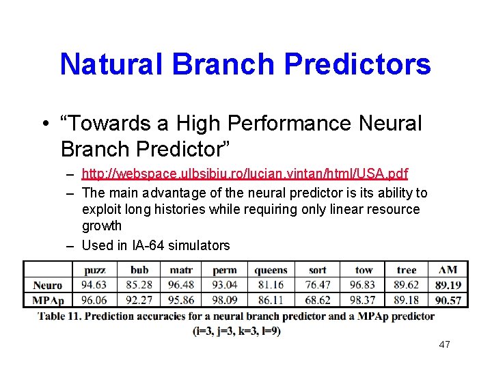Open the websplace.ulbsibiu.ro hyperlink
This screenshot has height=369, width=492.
point(245,174)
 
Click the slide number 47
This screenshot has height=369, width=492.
point(444,344)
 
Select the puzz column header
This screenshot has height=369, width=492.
point(94,270)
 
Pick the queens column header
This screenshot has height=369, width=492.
point(271,270)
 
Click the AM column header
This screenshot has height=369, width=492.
point(448,270)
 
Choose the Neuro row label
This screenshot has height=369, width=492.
point(47,285)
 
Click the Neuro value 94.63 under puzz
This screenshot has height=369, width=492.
point(94,285)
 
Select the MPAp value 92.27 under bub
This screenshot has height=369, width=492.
point(139,299)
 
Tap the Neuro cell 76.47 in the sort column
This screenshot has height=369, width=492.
point(318,285)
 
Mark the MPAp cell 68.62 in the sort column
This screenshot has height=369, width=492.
point(318,299)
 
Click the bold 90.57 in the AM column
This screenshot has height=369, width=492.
point(448,299)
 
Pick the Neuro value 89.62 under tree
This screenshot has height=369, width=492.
point(407,285)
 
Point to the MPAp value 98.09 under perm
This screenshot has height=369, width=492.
point(225,299)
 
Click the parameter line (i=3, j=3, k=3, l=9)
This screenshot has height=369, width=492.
point(236,331)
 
